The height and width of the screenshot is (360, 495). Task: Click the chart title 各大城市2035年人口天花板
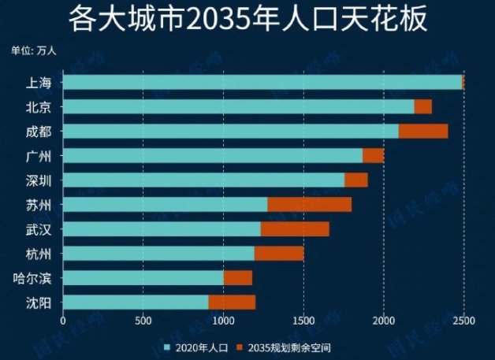[247, 19]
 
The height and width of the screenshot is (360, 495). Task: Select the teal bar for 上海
[262, 82]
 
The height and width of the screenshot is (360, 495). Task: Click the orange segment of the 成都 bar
[423, 131]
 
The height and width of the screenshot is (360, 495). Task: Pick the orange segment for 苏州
[309, 205]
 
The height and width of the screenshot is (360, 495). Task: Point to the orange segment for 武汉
[295, 229]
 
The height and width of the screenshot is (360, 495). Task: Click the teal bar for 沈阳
[136, 302]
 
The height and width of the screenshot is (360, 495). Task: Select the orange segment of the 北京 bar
[423, 106]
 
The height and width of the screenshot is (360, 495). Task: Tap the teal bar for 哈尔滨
[143, 278]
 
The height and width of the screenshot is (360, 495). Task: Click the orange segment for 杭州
[279, 254]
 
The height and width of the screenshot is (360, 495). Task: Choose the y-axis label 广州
[39, 156]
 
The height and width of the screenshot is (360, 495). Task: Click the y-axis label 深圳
[39, 180]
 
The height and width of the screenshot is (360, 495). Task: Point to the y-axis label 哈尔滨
[34, 278]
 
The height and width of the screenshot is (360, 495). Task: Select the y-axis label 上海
[39, 83]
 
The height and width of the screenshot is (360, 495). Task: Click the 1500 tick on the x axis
[303, 321]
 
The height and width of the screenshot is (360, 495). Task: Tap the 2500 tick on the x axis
[464, 321]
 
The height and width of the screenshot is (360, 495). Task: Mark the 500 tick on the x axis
[143, 321]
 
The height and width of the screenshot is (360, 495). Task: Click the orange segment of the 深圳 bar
[356, 180]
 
